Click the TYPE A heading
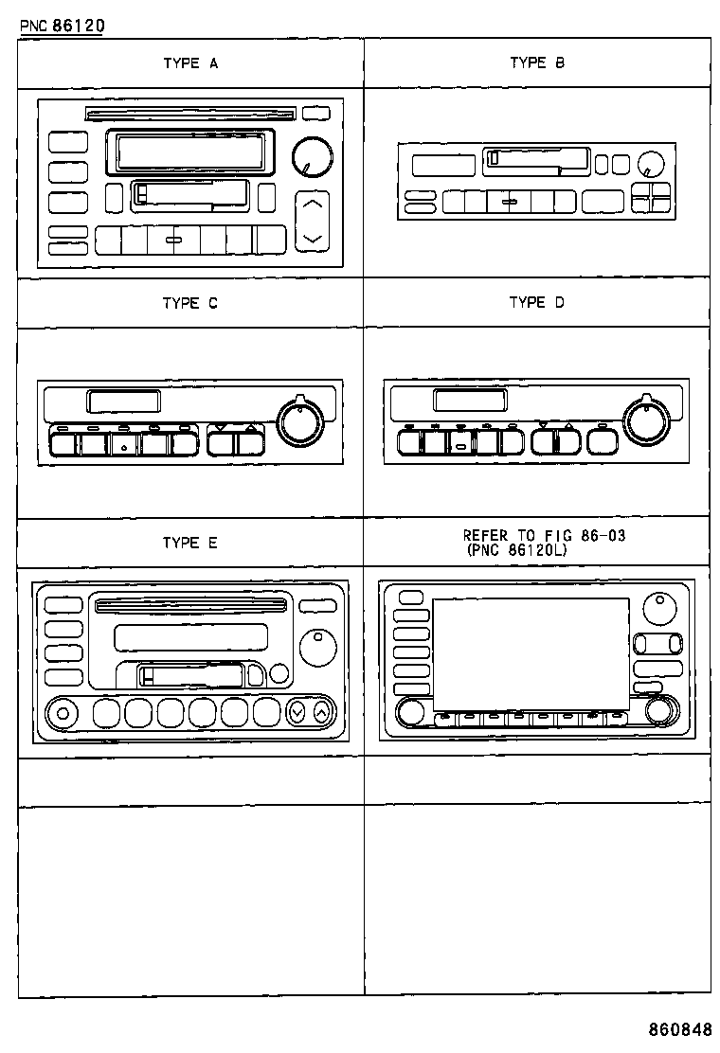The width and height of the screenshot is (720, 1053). pos(190,63)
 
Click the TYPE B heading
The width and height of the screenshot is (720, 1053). pos(537,62)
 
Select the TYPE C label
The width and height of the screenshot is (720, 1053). pos(190,303)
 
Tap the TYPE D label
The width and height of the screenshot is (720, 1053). pos(537,302)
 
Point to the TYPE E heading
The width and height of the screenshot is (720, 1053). pos(190,543)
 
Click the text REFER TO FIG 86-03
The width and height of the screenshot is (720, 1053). pos(544,535)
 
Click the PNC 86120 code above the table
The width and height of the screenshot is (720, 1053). pos(62,26)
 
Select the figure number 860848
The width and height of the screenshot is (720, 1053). pos(679,1029)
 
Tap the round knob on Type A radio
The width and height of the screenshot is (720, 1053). pos(312,155)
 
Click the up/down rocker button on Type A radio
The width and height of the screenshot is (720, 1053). pos(313,221)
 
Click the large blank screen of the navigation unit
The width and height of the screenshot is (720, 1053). pos(531,654)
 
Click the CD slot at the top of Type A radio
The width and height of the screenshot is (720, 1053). pos(189,115)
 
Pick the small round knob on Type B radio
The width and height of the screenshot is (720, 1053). pos(649,164)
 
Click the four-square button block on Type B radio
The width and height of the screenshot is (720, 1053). pos(651,197)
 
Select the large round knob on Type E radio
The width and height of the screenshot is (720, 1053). pos(317,647)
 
